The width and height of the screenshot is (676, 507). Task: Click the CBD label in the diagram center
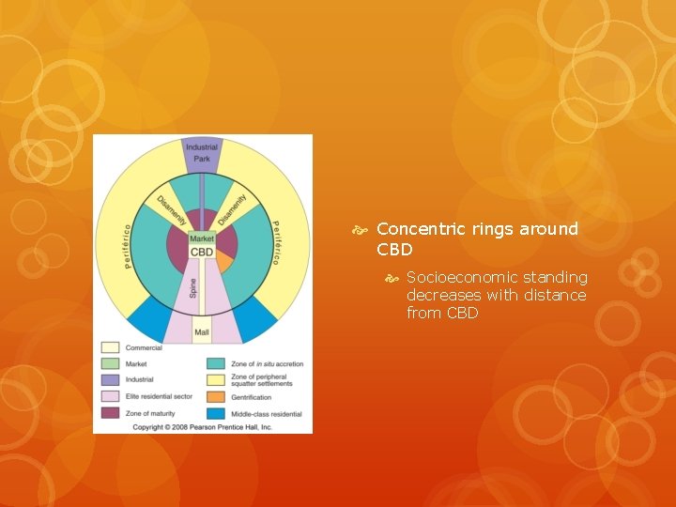pos(202,252)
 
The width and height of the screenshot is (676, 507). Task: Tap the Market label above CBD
pos(202,238)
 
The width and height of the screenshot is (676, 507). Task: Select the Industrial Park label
pos(201,153)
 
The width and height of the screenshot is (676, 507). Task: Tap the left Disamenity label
pos(172,206)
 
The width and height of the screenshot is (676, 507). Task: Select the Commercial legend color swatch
pos(110,347)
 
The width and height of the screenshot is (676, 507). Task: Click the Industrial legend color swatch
pos(110,380)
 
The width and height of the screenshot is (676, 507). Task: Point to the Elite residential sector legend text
pos(159,396)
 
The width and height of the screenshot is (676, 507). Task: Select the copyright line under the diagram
pos(202,426)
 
